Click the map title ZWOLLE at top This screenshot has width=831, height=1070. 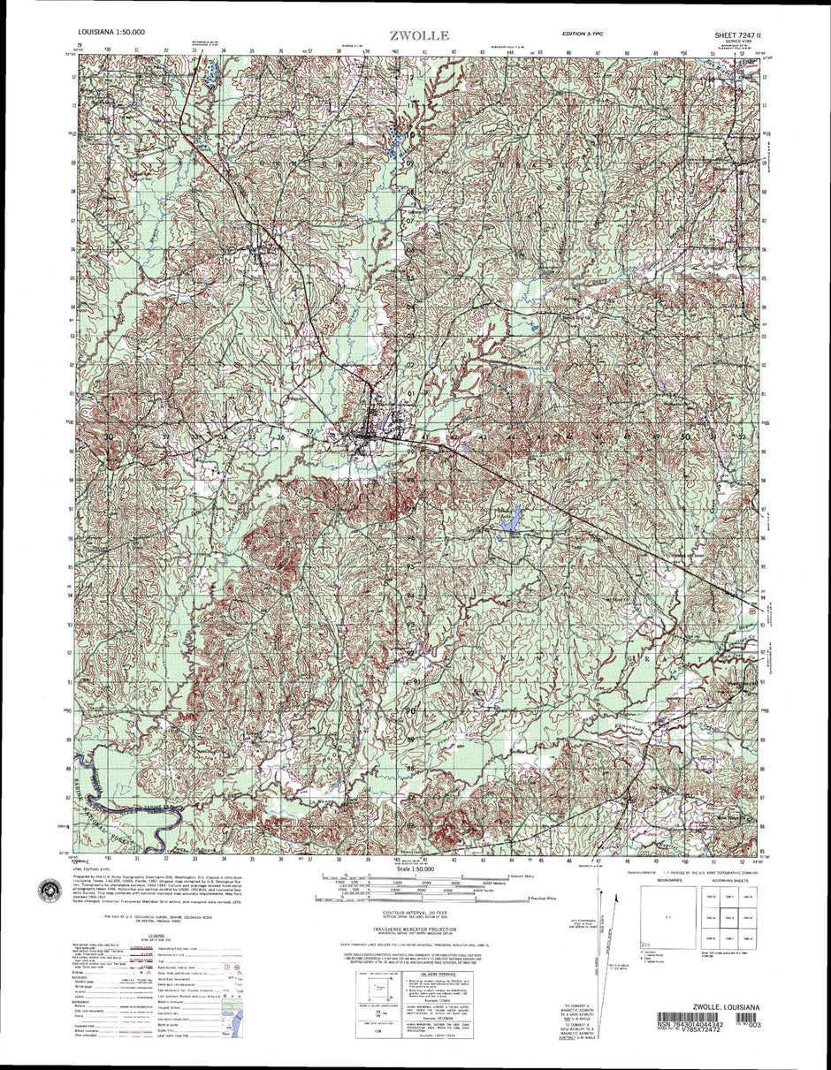coord(420,36)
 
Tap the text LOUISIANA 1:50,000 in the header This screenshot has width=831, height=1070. coord(111,33)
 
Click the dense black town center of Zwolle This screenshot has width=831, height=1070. coord(365,434)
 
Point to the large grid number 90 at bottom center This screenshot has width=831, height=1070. coord(410,710)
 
